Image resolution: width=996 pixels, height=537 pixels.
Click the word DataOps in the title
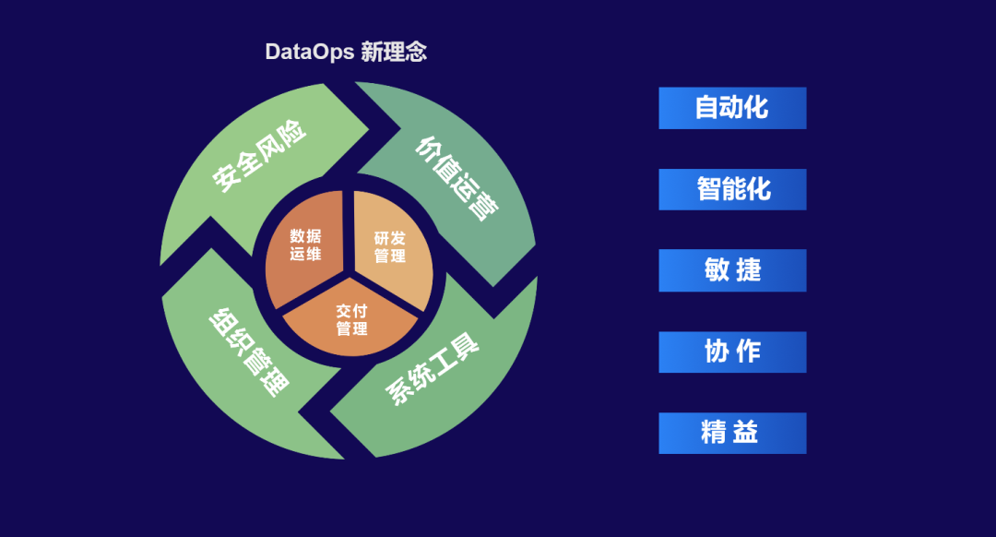[x=309, y=52]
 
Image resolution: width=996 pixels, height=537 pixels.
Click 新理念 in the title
[x=394, y=52]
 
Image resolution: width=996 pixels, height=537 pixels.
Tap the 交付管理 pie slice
[x=351, y=319]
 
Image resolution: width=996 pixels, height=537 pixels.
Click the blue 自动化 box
[x=732, y=108]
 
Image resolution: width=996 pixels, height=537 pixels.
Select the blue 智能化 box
[x=732, y=189]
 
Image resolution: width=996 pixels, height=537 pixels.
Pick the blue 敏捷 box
[x=732, y=270]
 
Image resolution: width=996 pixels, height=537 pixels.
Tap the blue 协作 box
[x=732, y=352]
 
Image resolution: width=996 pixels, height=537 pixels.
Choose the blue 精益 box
[x=732, y=433]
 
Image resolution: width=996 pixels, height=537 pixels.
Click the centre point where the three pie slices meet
[x=349, y=275]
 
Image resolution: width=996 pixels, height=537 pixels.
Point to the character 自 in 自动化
[x=706, y=108]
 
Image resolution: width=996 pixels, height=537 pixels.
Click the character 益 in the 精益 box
[x=746, y=433]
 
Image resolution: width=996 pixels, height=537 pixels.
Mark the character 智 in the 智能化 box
[x=708, y=189]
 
